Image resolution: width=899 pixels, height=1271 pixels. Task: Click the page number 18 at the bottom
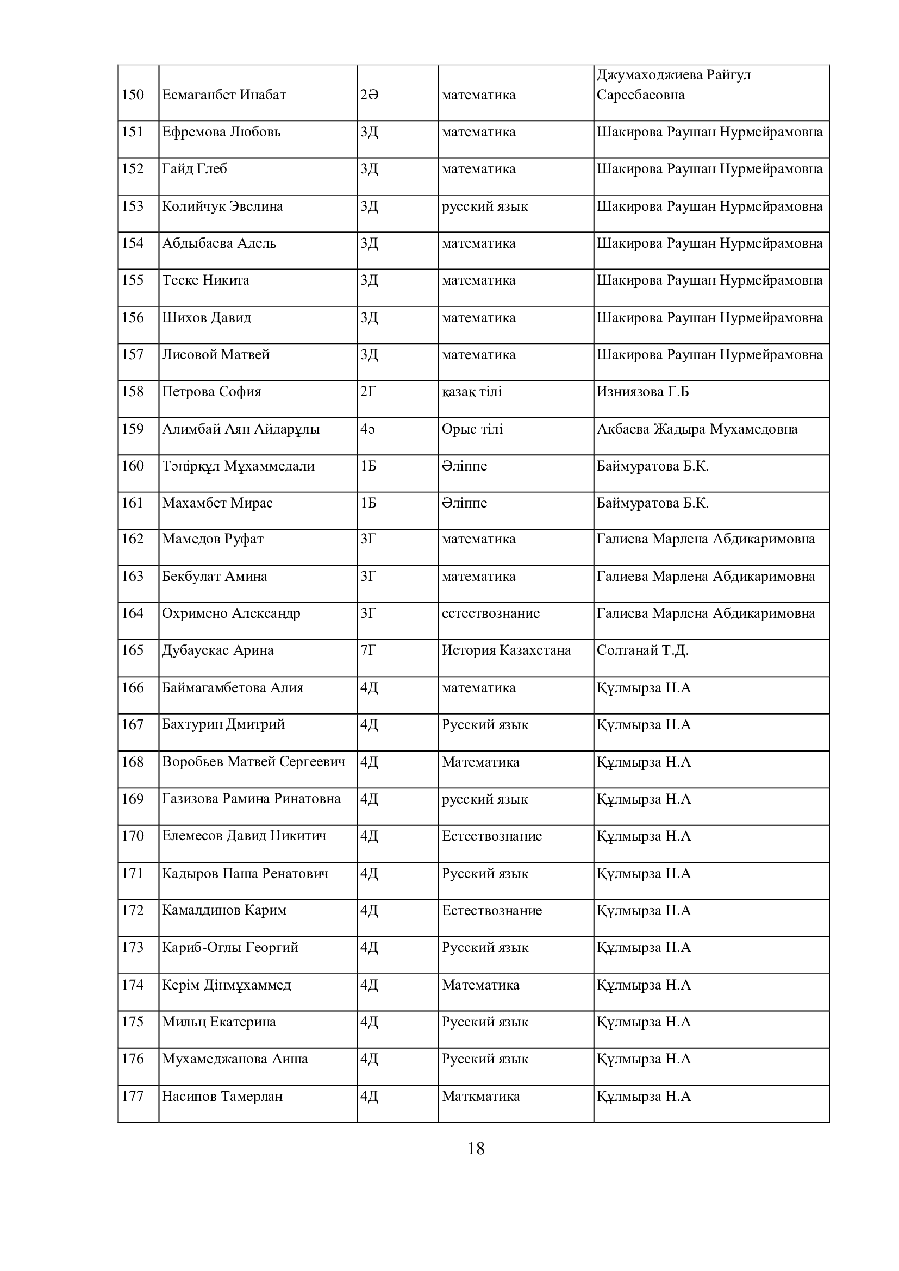click(x=476, y=1149)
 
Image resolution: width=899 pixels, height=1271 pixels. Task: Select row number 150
click(x=133, y=95)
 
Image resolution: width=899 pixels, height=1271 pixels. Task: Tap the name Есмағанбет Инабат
click(x=223, y=95)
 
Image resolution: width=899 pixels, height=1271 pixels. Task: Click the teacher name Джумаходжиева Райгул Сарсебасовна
click(x=673, y=85)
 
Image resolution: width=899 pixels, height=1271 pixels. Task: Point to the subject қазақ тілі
click(x=472, y=392)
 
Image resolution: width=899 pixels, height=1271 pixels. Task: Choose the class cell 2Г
click(x=368, y=392)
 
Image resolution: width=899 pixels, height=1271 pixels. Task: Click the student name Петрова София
click(x=211, y=392)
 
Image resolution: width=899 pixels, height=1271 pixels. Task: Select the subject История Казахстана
click(x=506, y=650)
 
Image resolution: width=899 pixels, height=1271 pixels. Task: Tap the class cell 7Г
click(x=368, y=650)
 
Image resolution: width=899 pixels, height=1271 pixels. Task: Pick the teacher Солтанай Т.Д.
click(x=642, y=650)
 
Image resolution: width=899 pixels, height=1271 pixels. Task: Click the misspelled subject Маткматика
click(x=480, y=1096)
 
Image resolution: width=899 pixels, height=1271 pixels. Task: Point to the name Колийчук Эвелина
click(x=222, y=206)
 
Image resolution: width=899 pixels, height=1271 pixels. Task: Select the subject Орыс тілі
click(x=472, y=429)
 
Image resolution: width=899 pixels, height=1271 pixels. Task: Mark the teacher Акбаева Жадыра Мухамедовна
click(x=697, y=429)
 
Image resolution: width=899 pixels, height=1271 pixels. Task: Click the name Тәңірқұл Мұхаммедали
click(x=238, y=466)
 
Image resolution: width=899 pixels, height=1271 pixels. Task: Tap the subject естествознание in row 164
click(x=490, y=613)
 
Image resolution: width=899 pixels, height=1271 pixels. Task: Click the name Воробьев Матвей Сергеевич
click(x=253, y=762)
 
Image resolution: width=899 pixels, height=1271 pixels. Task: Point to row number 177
click(x=133, y=1096)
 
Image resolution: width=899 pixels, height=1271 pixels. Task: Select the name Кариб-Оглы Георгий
click(x=230, y=947)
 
